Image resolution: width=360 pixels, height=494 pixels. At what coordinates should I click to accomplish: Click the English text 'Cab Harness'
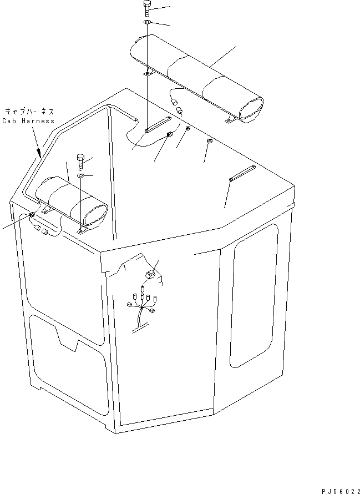coord(28,120)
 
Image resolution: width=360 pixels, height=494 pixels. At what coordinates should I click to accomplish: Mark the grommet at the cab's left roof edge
coord(32,215)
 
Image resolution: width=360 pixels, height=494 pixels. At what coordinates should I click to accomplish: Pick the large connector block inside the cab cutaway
coord(149,275)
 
